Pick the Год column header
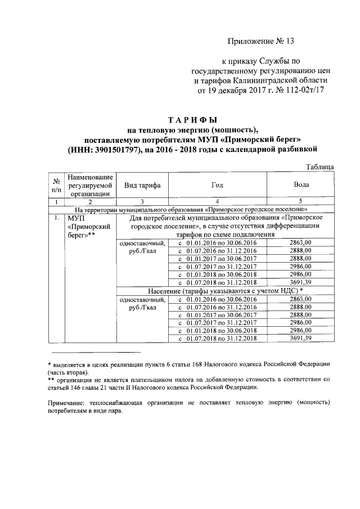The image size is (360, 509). point(217,185)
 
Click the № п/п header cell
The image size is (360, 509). point(57,185)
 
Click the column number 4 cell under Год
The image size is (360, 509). point(217,201)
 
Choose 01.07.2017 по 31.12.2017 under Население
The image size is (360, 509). point(217,322)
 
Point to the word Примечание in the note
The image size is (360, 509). point(65,403)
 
